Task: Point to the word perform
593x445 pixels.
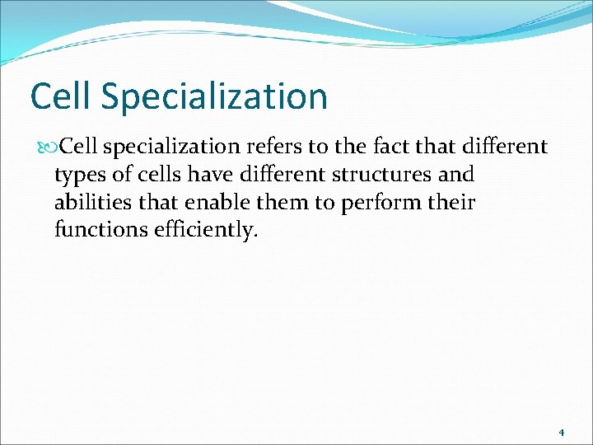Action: click(375, 203)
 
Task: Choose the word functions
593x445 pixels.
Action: click(100, 230)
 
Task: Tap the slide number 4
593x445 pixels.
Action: click(561, 432)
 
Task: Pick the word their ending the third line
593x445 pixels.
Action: click(453, 203)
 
